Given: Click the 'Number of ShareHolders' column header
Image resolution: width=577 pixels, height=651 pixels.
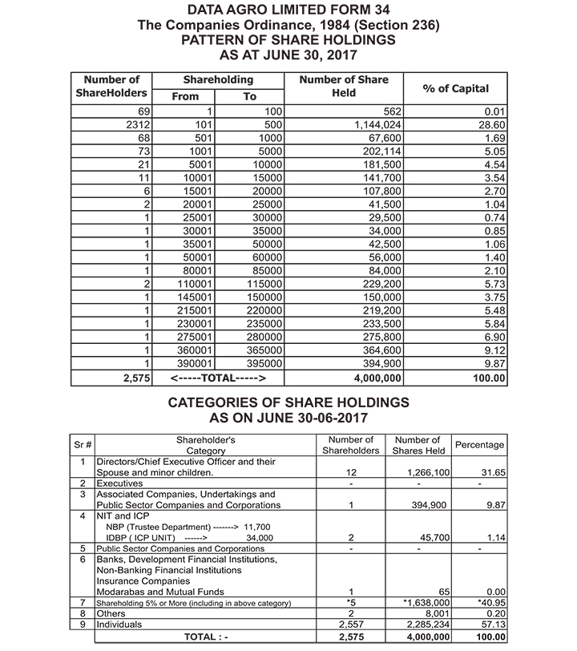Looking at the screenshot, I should tap(111, 87).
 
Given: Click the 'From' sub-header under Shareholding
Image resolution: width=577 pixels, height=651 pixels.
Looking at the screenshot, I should tap(185, 96).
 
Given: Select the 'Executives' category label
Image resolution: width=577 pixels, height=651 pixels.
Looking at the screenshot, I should tap(120, 484).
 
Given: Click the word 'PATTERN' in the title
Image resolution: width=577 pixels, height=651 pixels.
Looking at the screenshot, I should tap(220, 40).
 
